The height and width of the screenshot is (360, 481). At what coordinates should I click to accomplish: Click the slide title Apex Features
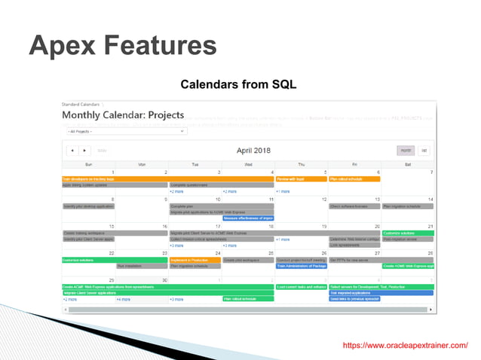click(122, 46)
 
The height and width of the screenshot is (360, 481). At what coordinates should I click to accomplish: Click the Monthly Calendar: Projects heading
click(123, 115)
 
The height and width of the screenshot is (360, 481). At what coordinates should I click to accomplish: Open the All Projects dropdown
click(124, 131)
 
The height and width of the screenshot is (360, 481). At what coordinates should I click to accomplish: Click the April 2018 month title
click(248, 151)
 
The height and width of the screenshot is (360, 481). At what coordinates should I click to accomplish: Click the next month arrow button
click(84, 151)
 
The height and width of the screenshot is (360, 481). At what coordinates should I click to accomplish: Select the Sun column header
click(88, 163)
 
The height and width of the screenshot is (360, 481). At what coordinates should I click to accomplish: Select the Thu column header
click(301, 163)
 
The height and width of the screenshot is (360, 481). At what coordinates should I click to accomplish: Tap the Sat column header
click(408, 163)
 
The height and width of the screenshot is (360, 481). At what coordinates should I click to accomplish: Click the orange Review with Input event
click(290, 179)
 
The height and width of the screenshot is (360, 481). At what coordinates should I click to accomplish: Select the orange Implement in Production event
click(189, 260)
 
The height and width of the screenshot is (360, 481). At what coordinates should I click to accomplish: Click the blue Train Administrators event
click(301, 266)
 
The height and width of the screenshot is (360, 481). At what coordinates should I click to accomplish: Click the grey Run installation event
click(130, 266)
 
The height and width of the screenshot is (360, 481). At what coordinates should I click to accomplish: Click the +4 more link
click(124, 299)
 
